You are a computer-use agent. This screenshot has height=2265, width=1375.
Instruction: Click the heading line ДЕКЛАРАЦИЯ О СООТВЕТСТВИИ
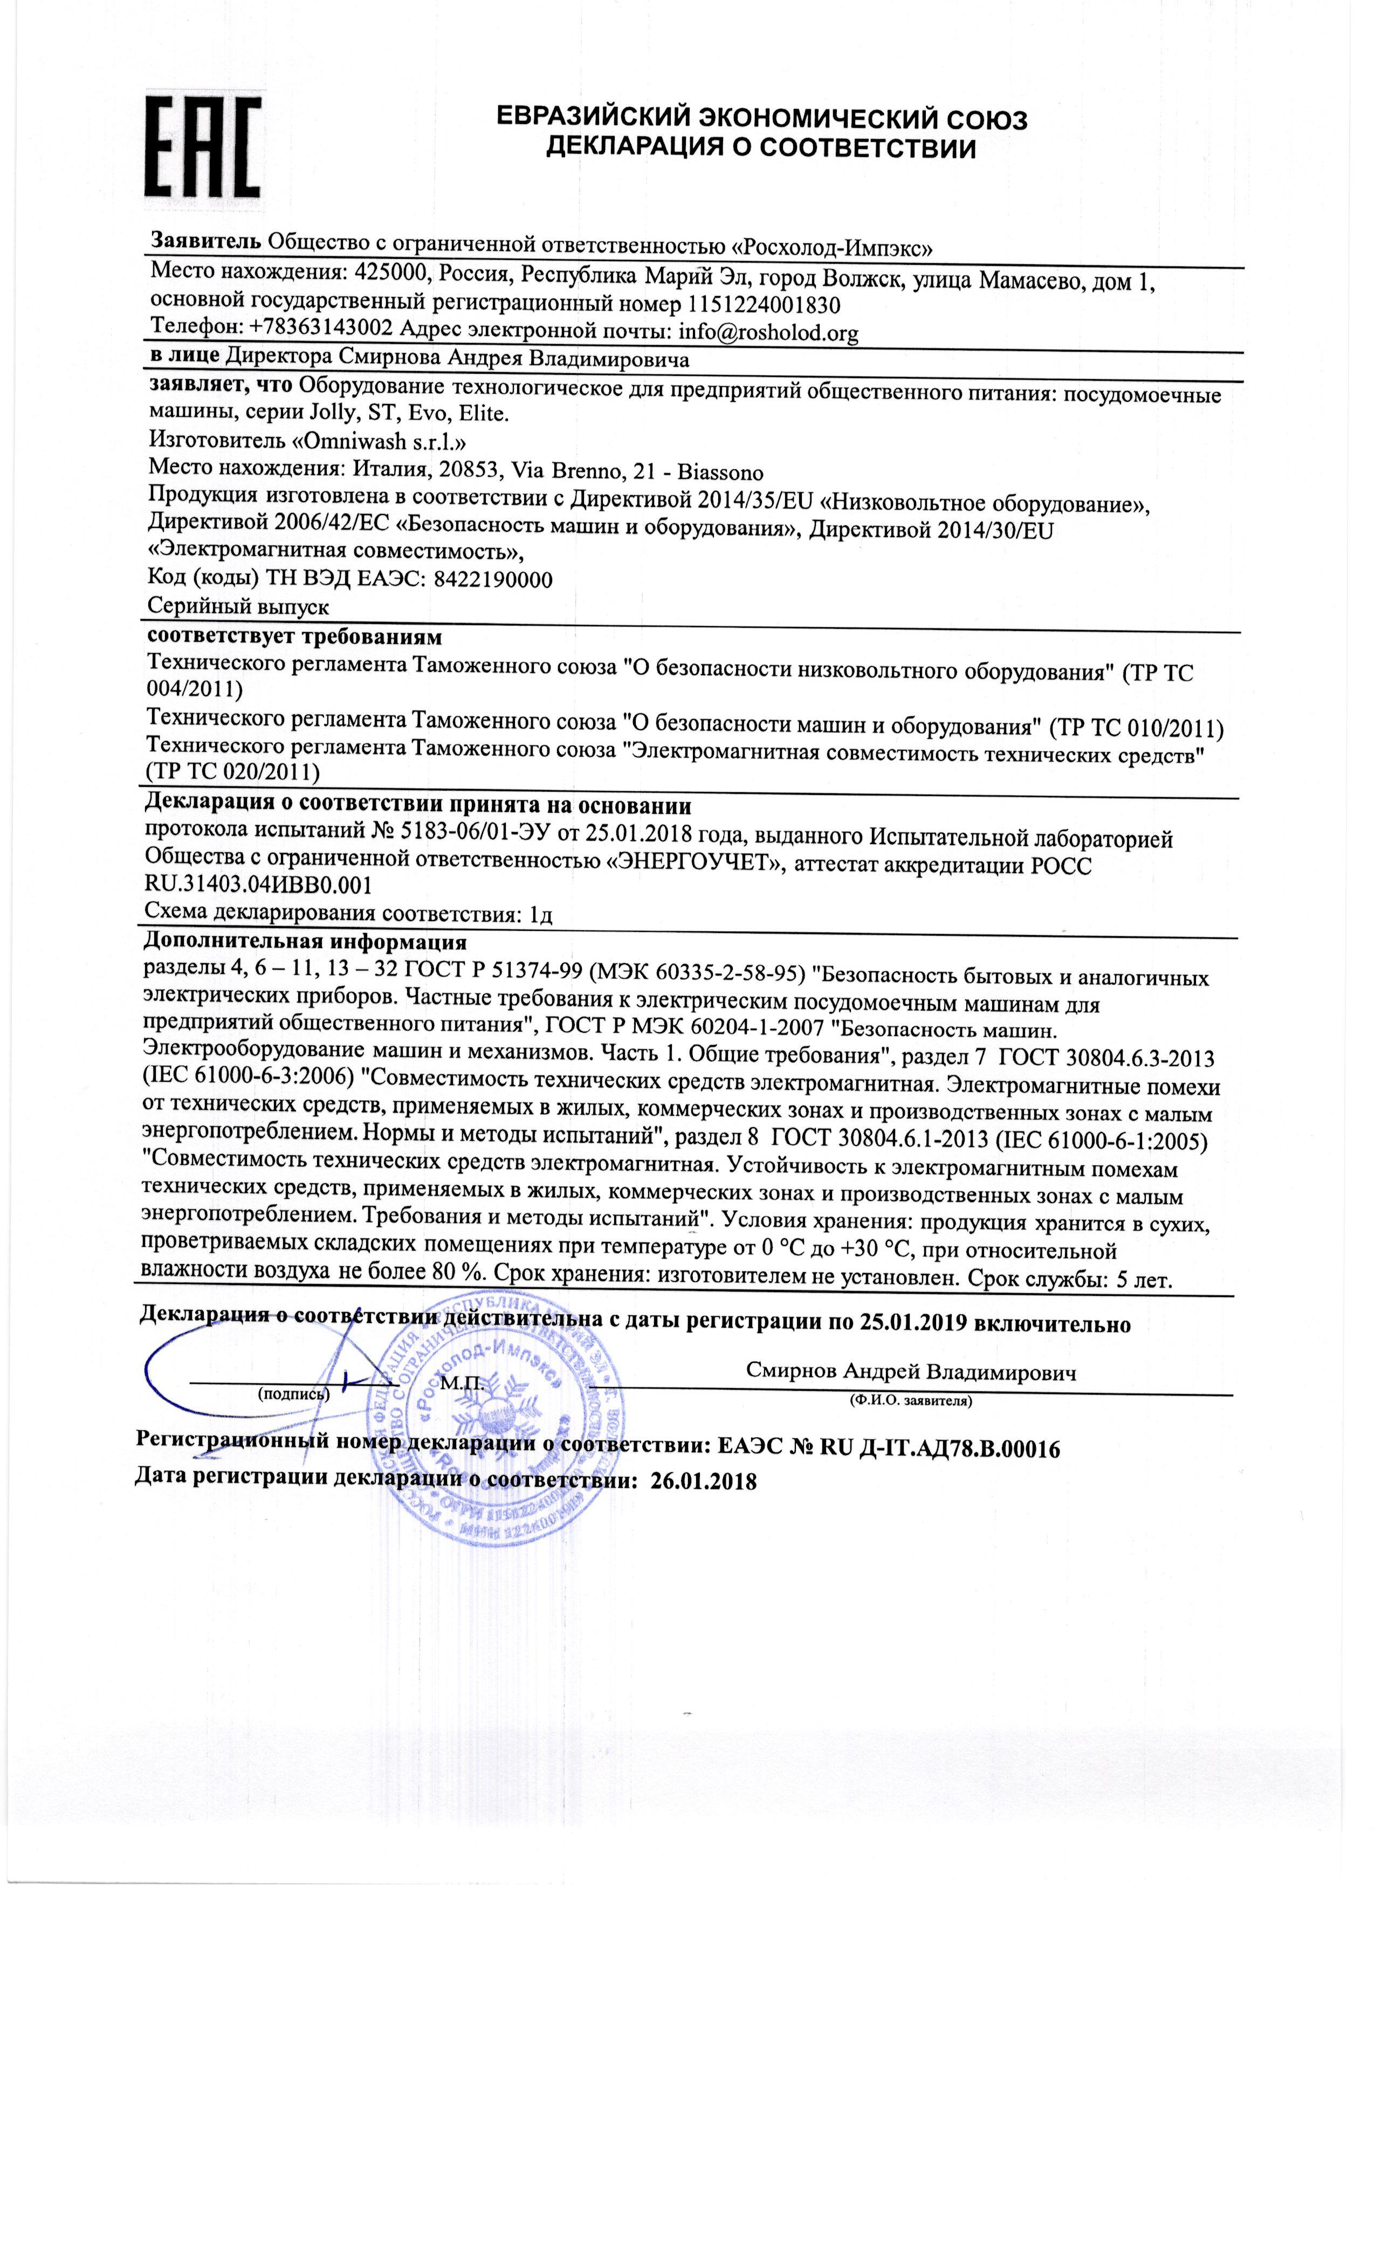coord(761,147)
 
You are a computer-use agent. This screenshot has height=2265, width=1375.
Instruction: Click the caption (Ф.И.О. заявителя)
coord(910,1402)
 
